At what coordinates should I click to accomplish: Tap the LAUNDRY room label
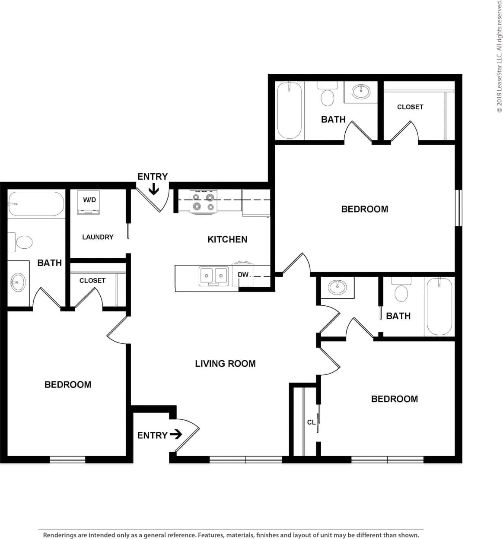pos(98,237)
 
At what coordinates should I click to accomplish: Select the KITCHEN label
pos(227,239)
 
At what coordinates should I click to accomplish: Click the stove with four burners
pos(203,202)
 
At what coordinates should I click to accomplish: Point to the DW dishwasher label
pos(243,275)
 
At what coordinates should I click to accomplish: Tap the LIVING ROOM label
pos(225,364)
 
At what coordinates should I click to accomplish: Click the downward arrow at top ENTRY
pos(153,189)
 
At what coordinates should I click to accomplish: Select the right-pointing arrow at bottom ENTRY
pos(176,434)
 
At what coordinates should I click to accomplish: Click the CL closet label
pos(311,422)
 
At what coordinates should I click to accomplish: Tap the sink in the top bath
pos(361,92)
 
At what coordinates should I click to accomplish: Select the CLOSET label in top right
pos(410,107)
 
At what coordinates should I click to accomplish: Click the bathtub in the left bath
pos(36,204)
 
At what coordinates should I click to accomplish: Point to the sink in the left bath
pos(18,283)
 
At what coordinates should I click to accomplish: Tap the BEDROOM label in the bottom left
pos(68,384)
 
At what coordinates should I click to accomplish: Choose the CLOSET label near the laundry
pos(92,281)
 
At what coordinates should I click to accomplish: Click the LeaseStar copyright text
pos(499,56)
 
